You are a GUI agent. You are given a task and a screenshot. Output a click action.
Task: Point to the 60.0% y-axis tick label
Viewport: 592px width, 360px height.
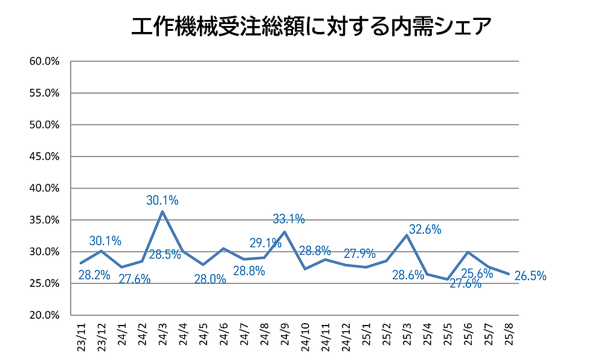(x=43, y=62)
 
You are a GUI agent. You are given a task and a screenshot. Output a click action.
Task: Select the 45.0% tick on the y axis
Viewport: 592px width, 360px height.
(x=43, y=156)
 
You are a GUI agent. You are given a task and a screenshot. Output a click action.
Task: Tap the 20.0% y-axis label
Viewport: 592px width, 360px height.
(x=43, y=315)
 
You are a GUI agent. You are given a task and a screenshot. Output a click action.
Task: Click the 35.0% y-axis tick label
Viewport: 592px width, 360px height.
(x=43, y=220)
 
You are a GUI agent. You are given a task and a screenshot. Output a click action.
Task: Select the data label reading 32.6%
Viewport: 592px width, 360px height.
(x=425, y=230)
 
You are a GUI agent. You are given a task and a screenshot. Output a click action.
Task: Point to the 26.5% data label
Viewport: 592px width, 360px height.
(x=530, y=276)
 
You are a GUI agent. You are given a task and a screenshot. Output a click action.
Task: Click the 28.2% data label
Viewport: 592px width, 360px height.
(x=94, y=275)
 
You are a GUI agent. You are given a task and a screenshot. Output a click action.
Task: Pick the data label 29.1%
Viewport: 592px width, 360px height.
(x=265, y=243)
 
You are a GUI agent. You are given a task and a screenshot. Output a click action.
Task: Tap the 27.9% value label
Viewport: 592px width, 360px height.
(x=359, y=253)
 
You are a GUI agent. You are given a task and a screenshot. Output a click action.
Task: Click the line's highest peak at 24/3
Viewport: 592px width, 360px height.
(x=162, y=212)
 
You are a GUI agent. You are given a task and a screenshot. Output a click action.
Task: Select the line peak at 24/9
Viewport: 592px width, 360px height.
(x=285, y=232)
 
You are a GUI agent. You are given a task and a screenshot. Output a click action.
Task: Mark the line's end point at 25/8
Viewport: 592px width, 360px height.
(x=509, y=274)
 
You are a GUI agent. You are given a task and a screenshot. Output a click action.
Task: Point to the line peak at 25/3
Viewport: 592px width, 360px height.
(x=407, y=236)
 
